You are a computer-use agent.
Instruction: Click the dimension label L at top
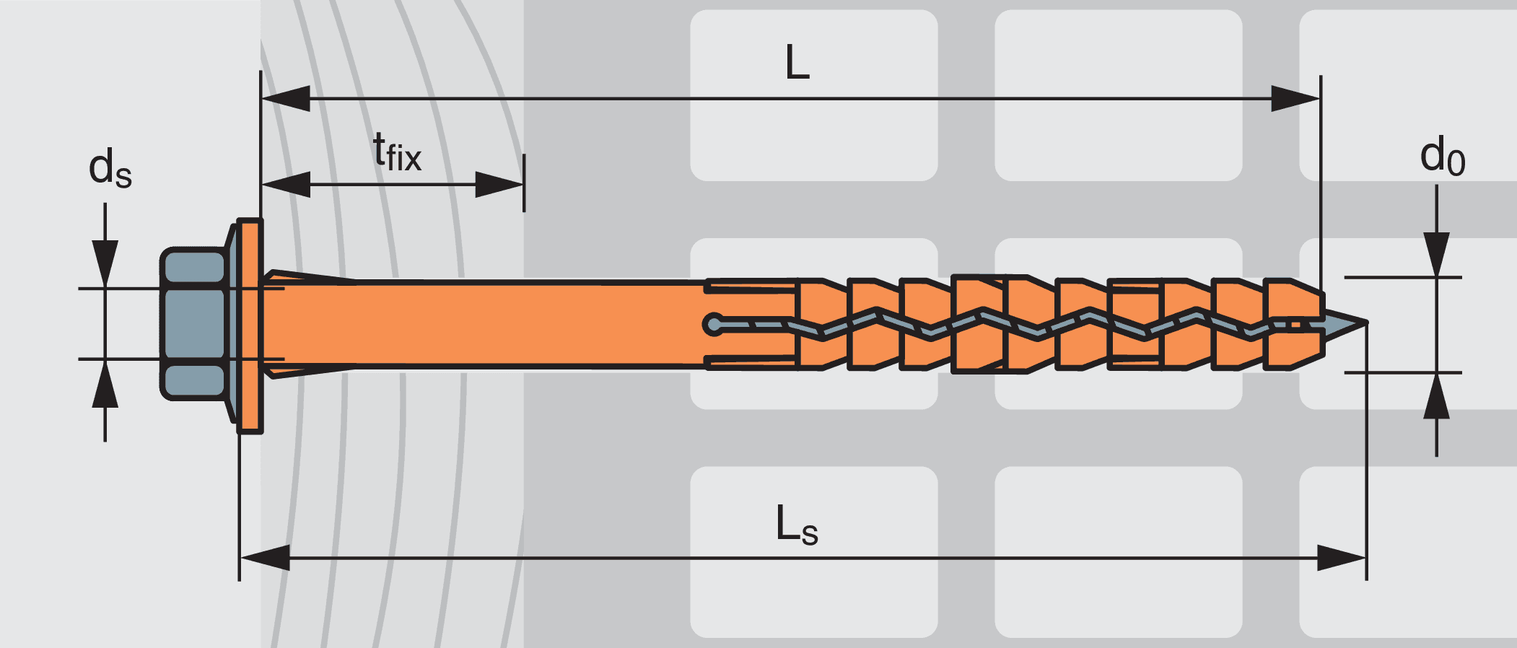coord(797,62)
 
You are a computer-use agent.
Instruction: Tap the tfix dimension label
coord(397,152)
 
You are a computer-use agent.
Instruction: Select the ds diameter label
coord(110,167)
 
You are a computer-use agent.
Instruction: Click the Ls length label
coord(797,525)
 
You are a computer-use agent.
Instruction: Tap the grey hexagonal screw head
coord(193,323)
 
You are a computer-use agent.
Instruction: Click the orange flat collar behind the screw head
coord(250,325)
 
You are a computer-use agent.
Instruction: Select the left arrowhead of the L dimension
coord(286,99)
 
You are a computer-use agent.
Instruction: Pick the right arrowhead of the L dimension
coord(1295,99)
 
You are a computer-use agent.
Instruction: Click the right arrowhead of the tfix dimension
coord(499,185)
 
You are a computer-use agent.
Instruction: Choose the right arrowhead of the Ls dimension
coord(1342,558)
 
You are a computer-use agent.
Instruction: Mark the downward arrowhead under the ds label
coord(105,264)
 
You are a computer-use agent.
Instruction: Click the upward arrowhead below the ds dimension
coord(105,383)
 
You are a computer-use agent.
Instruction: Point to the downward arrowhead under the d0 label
coord(1437,254)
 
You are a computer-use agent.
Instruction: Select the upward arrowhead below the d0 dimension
coord(1437,395)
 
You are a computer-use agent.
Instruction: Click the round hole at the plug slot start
coord(714,324)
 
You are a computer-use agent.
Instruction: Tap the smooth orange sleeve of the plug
coord(484,324)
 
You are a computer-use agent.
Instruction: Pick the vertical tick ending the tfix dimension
coord(524,183)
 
